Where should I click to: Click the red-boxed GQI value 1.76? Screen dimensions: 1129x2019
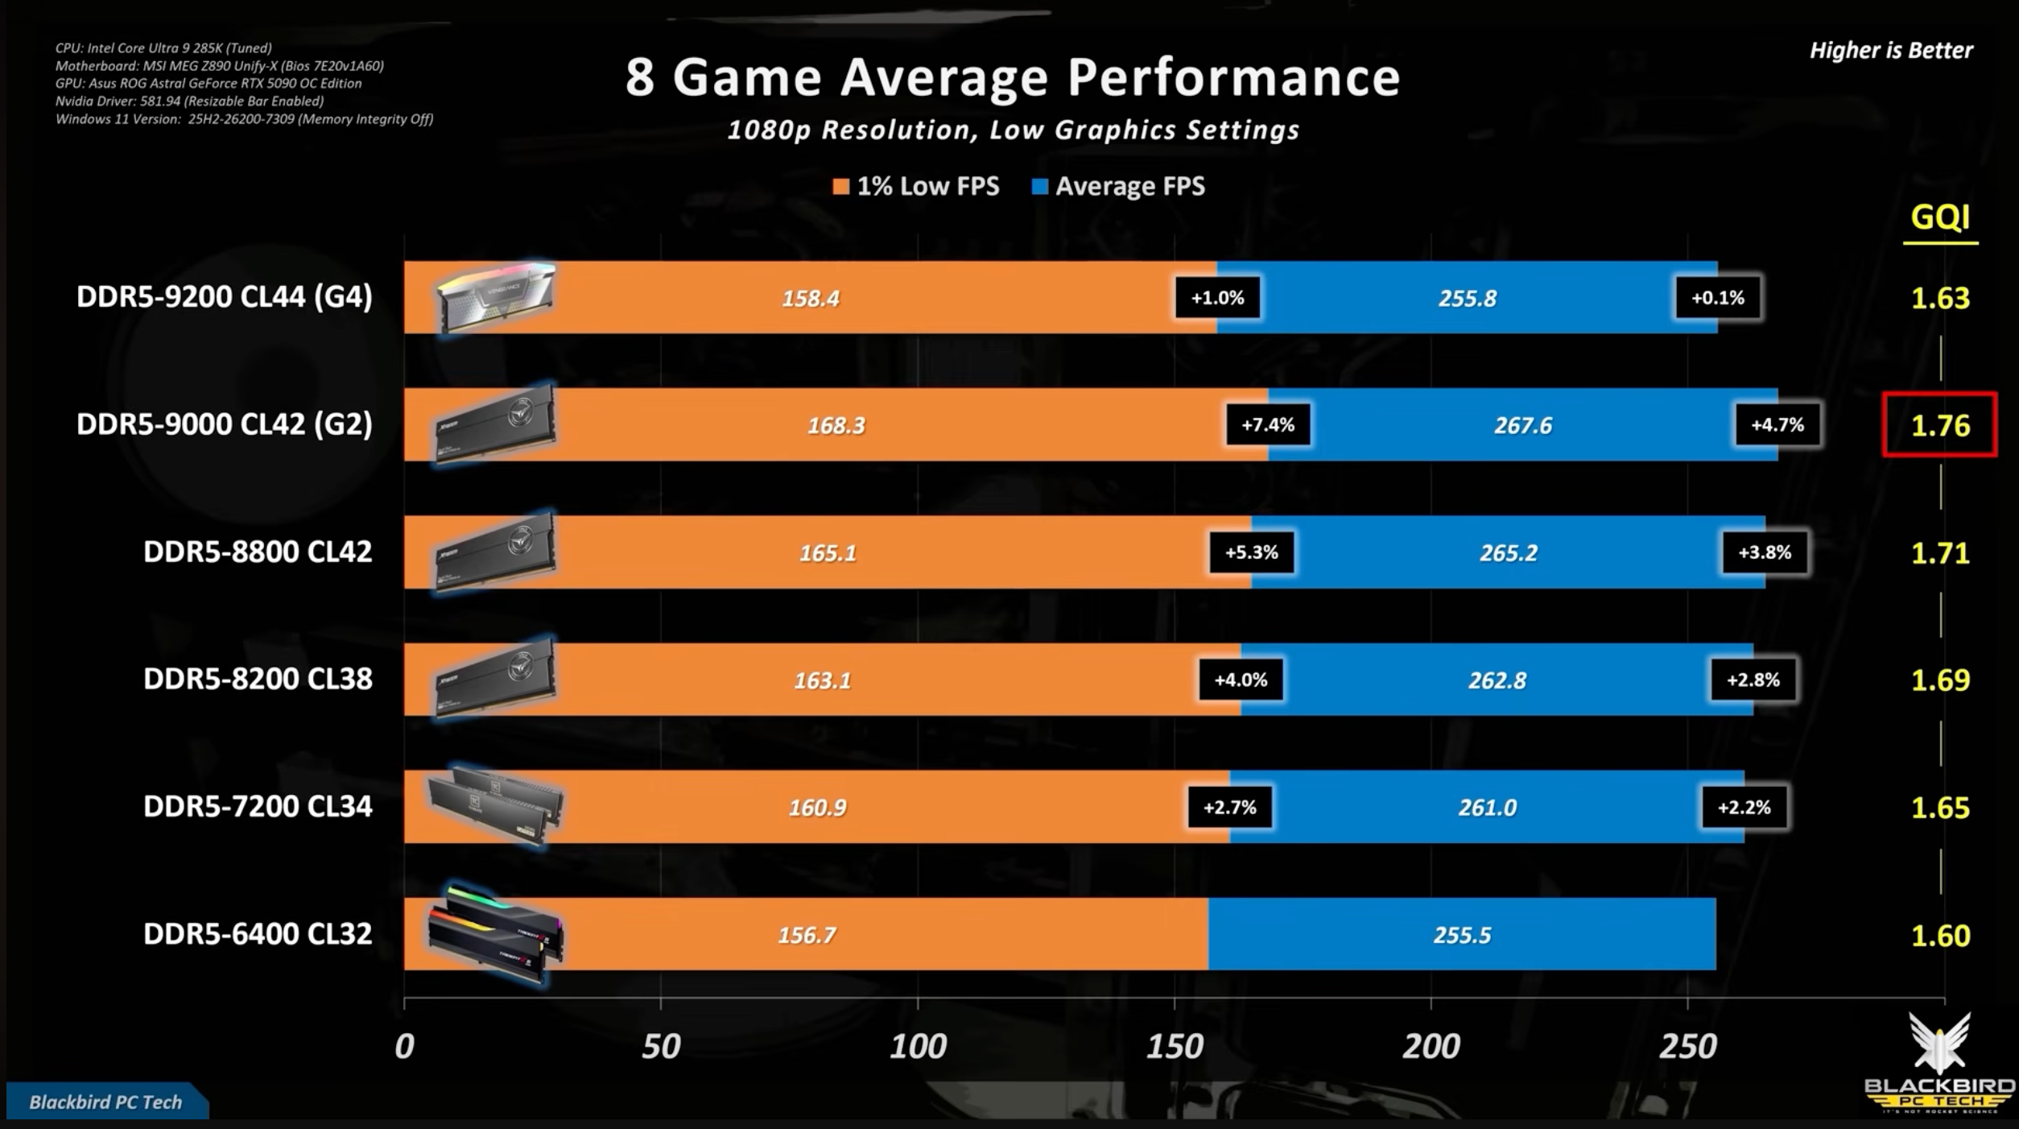[1940, 425]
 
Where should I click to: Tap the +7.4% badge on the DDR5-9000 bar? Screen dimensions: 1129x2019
[1268, 425]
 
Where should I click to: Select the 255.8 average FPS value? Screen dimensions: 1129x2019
[1468, 299]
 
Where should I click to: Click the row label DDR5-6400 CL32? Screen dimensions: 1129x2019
[258, 934]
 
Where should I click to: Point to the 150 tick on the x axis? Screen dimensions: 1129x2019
[1175, 1046]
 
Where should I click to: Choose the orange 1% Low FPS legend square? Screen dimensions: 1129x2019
[841, 187]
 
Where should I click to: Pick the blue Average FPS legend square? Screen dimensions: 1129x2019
[1040, 187]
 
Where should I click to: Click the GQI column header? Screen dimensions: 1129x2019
[1940, 217]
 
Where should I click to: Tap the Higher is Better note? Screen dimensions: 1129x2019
[1891, 51]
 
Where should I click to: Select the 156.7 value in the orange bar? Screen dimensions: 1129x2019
[807, 936]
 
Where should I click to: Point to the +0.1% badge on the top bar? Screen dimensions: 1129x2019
[1718, 298]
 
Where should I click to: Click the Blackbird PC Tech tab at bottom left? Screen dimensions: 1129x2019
[105, 1102]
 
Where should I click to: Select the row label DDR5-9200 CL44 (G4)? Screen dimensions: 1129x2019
[225, 297]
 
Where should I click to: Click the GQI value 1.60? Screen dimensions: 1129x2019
[1940, 936]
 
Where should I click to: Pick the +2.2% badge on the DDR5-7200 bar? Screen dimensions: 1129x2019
[1744, 807]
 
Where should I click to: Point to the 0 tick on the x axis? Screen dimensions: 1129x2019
[404, 1046]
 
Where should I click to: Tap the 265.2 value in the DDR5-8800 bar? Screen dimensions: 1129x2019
[1508, 553]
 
